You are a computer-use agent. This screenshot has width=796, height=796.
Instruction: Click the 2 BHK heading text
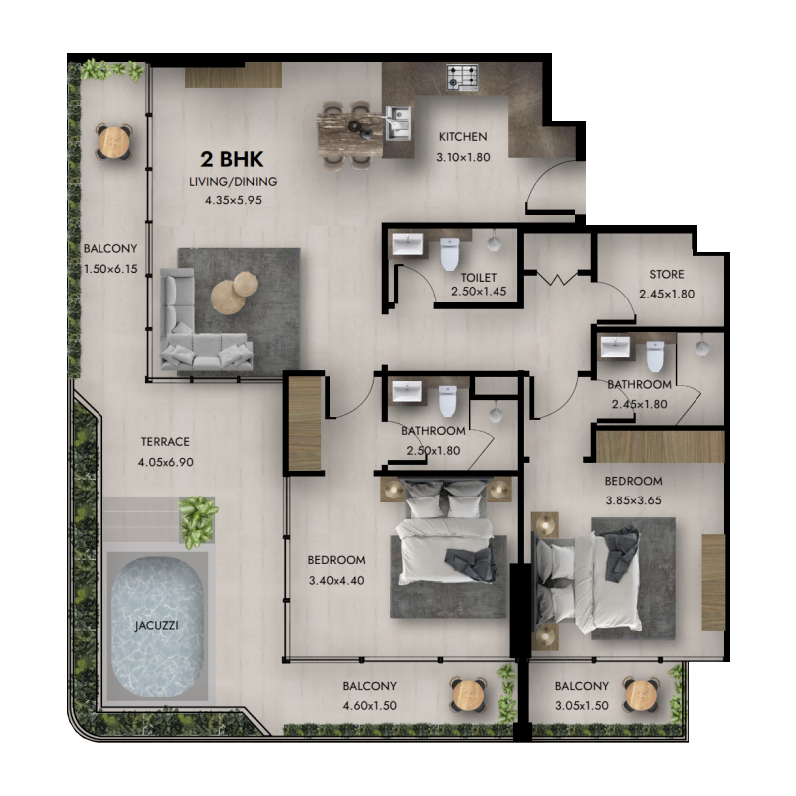point(233,159)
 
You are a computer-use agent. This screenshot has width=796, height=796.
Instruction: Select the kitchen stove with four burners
point(462,76)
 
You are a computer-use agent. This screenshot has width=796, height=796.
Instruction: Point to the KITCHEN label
point(463,138)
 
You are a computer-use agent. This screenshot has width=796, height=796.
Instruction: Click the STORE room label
point(666,274)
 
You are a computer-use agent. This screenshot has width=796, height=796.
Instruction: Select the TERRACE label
point(164,442)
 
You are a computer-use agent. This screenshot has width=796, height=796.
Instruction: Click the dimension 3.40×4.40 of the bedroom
point(337,579)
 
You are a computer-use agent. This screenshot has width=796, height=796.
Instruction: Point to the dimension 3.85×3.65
point(633,500)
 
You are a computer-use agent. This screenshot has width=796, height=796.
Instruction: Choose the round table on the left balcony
point(113,141)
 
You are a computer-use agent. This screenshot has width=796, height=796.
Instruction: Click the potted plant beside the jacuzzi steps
point(198,518)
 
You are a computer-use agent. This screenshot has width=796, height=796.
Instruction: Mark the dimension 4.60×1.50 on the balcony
point(369,705)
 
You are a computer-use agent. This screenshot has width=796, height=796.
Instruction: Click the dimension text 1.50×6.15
point(110,267)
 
